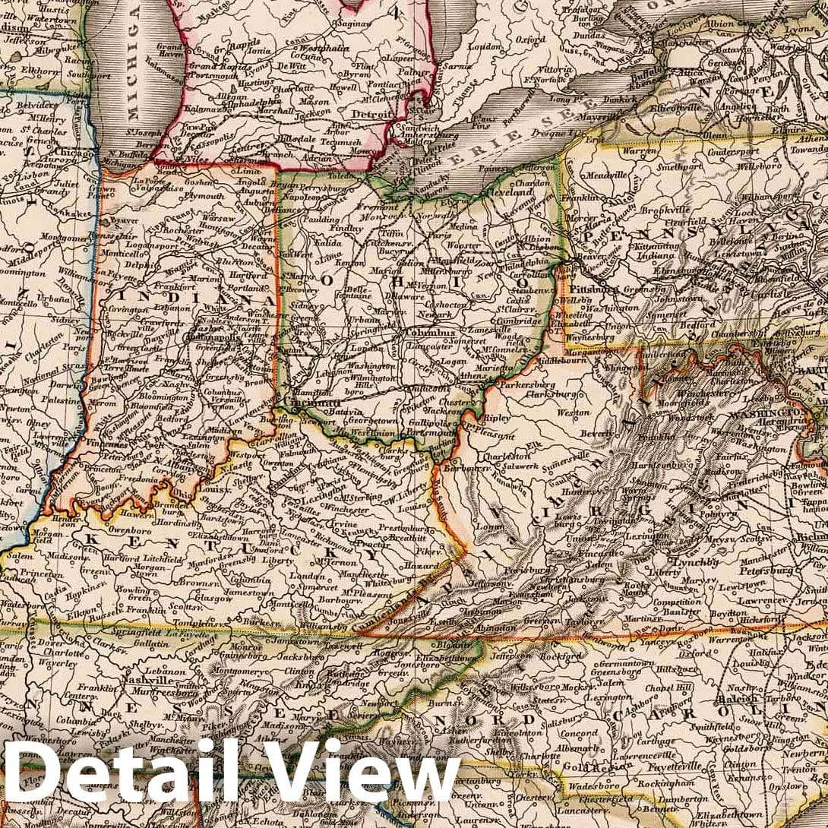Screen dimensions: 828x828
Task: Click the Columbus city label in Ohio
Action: pos(430,332)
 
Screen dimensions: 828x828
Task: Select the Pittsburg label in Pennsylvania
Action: pos(594,289)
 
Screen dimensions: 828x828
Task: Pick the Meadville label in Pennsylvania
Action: pos(599,175)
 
